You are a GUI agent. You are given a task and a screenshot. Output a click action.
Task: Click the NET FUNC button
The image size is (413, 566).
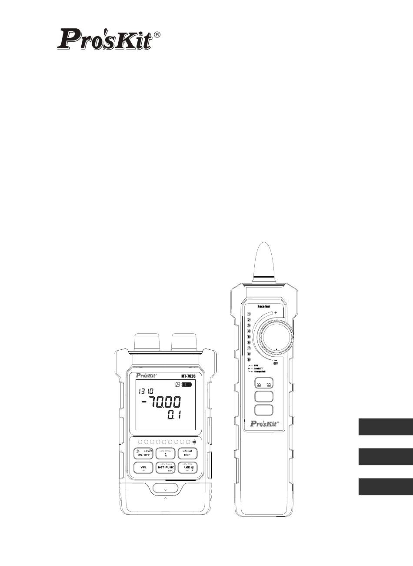pos(166,468)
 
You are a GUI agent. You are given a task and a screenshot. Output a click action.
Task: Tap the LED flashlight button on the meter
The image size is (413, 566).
pos(188,468)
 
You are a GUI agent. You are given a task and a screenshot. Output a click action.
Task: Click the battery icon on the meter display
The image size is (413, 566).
pos(187,385)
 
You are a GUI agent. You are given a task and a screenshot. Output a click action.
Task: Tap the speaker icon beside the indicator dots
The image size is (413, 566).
pos(194,442)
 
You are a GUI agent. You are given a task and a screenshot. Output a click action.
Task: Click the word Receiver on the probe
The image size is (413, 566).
pos(261,306)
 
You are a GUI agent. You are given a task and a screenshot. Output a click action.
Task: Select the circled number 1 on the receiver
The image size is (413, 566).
pos(249,314)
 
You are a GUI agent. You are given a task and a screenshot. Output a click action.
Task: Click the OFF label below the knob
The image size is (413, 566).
pos(275,364)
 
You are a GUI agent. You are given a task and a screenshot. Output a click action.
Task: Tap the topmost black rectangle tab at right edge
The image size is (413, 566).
pos(385,427)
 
